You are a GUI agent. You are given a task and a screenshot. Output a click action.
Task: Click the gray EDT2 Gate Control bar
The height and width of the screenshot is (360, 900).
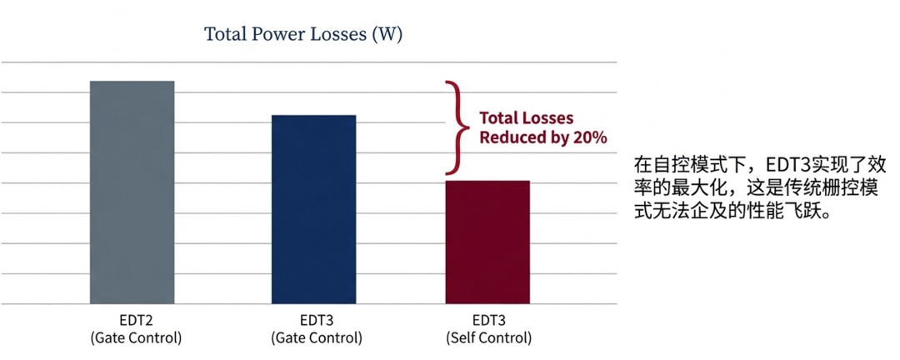132,192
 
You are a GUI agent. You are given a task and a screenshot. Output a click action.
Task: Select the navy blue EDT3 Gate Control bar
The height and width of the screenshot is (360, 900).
314,209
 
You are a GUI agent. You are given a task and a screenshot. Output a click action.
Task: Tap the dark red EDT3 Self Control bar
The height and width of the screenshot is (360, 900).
487,242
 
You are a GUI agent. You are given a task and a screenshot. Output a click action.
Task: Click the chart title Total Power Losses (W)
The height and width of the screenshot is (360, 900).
303,34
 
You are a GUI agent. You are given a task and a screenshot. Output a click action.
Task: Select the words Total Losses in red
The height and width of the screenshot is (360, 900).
527,118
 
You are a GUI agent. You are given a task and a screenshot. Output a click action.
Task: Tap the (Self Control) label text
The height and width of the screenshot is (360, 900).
488,338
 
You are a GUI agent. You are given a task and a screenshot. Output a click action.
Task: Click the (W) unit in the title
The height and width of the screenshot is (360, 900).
387,34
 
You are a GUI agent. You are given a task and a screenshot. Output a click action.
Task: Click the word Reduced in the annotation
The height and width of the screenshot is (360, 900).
507,137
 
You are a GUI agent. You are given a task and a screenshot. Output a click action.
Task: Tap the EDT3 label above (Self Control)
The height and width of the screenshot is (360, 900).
488,320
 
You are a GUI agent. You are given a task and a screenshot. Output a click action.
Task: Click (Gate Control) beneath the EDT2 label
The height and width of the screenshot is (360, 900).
136,338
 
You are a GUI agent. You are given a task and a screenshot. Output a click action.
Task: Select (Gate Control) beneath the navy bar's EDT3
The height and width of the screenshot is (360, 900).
317,338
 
